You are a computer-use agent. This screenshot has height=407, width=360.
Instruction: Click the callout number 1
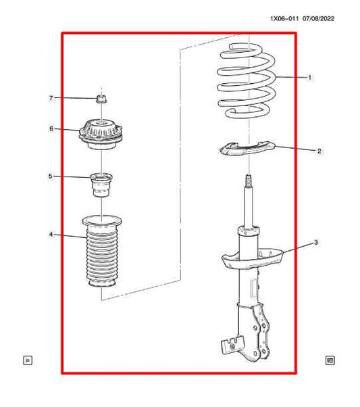(x=309, y=78)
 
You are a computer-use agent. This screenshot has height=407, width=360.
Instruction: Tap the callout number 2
(x=319, y=151)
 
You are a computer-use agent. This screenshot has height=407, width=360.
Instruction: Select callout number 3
(x=315, y=242)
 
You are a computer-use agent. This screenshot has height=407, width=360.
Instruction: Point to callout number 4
(x=50, y=235)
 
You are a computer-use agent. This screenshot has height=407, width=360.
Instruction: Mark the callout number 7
(x=50, y=99)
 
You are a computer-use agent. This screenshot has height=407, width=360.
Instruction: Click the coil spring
(x=247, y=81)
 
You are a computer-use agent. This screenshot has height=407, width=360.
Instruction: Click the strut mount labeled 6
(x=102, y=132)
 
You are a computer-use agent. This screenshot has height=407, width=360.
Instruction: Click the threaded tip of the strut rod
(x=248, y=181)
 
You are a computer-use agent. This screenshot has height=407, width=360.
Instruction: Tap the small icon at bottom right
(x=330, y=360)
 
